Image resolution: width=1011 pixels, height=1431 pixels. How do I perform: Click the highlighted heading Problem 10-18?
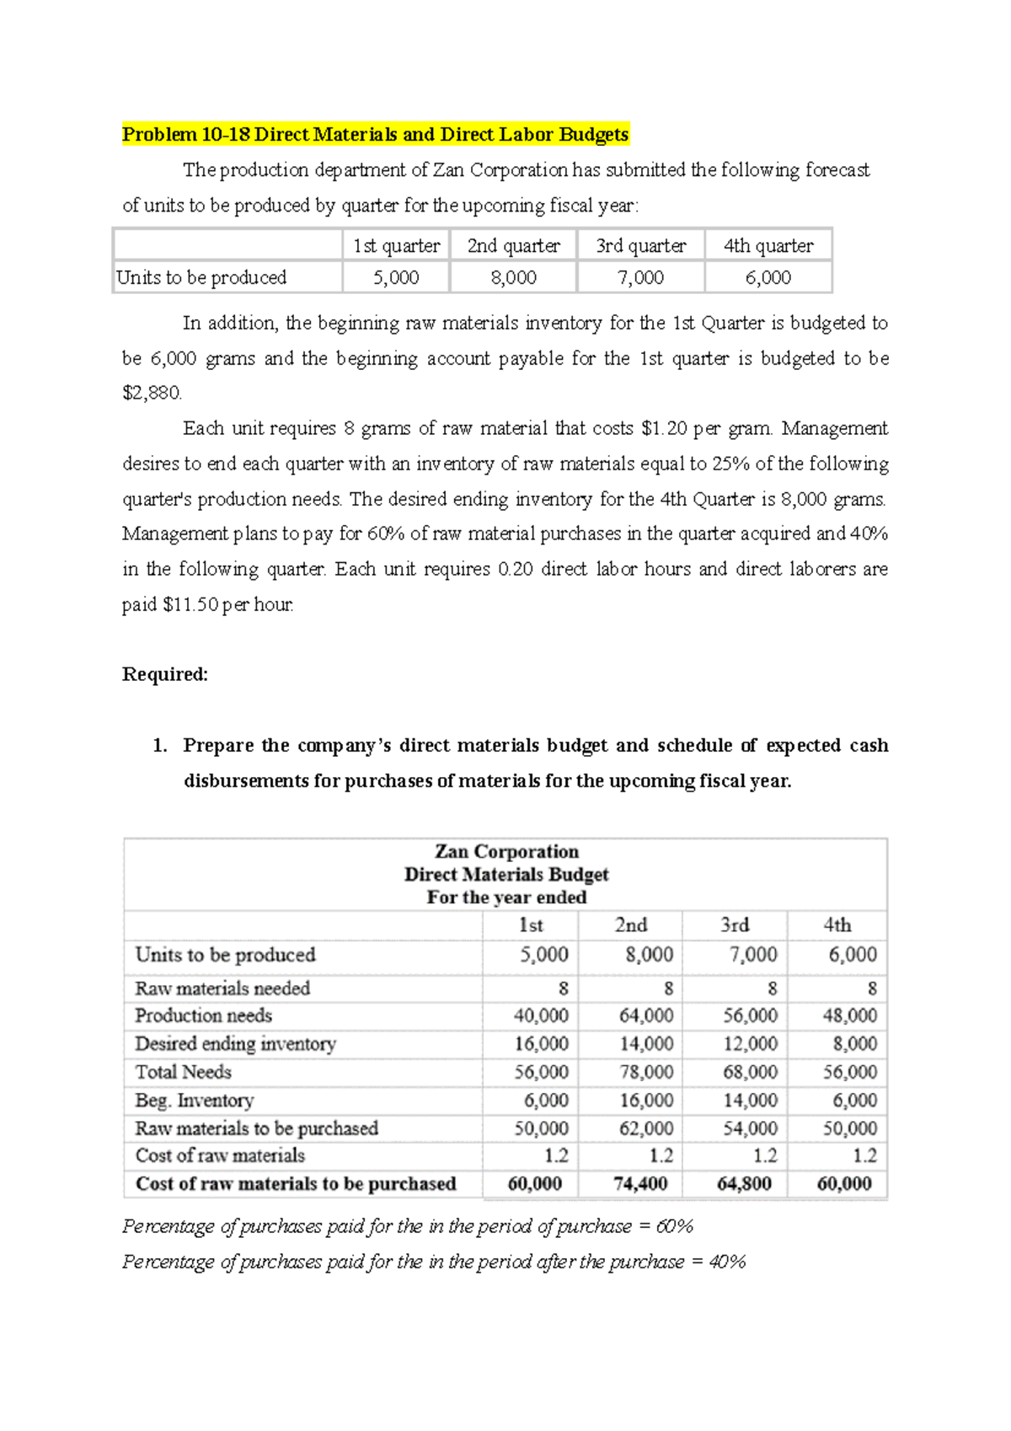click(x=375, y=135)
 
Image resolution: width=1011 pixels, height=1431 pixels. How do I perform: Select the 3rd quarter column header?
click(x=640, y=246)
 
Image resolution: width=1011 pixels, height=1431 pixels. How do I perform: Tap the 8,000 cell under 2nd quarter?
click(x=513, y=277)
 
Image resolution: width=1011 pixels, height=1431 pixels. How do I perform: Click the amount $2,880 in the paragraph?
click(x=152, y=394)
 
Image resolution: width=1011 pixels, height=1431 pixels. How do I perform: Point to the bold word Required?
click(x=165, y=674)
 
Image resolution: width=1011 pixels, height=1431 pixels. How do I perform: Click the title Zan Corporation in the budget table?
click(x=506, y=851)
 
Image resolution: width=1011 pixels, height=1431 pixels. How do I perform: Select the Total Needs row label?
click(x=184, y=1072)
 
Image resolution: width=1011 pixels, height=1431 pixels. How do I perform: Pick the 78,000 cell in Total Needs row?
click(x=646, y=1072)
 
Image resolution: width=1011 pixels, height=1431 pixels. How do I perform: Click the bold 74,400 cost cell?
click(x=640, y=1184)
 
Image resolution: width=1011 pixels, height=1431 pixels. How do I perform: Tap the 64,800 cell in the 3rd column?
click(x=744, y=1184)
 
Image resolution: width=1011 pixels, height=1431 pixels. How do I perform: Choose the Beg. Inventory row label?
click(x=195, y=1101)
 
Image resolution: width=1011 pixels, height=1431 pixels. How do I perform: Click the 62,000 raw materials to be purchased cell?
click(x=646, y=1128)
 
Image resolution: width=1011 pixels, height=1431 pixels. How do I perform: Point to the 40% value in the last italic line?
click(x=727, y=1262)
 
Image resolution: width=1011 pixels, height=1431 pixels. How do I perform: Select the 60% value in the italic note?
click(x=674, y=1227)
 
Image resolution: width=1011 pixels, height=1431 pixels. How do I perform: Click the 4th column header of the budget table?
click(x=837, y=925)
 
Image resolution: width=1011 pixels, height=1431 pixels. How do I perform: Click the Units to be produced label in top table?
click(x=201, y=277)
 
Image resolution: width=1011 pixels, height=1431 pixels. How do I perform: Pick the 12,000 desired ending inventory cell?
click(x=750, y=1044)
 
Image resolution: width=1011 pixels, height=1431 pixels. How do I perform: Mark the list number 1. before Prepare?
click(x=159, y=746)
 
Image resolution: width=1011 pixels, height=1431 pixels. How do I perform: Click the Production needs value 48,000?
click(x=849, y=1016)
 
